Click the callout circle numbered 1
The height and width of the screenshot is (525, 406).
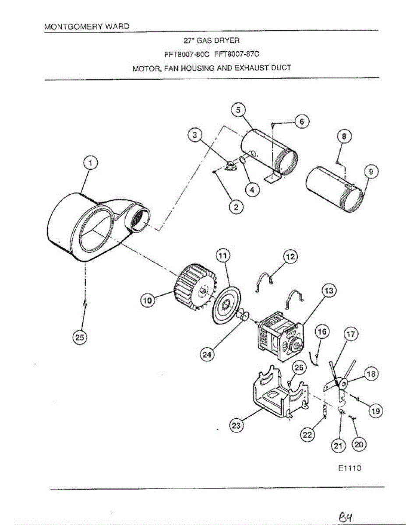(91, 164)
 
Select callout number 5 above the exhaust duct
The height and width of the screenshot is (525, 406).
(238, 111)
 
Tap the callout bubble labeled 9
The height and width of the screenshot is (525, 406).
(371, 172)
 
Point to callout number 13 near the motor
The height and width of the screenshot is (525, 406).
(329, 290)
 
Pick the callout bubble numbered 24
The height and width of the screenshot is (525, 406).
(206, 355)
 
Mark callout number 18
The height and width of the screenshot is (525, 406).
(371, 374)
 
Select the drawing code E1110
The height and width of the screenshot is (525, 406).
(349, 468)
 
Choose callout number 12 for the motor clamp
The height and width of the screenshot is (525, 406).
(290, 257)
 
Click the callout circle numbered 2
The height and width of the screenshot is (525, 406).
(236, 208)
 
